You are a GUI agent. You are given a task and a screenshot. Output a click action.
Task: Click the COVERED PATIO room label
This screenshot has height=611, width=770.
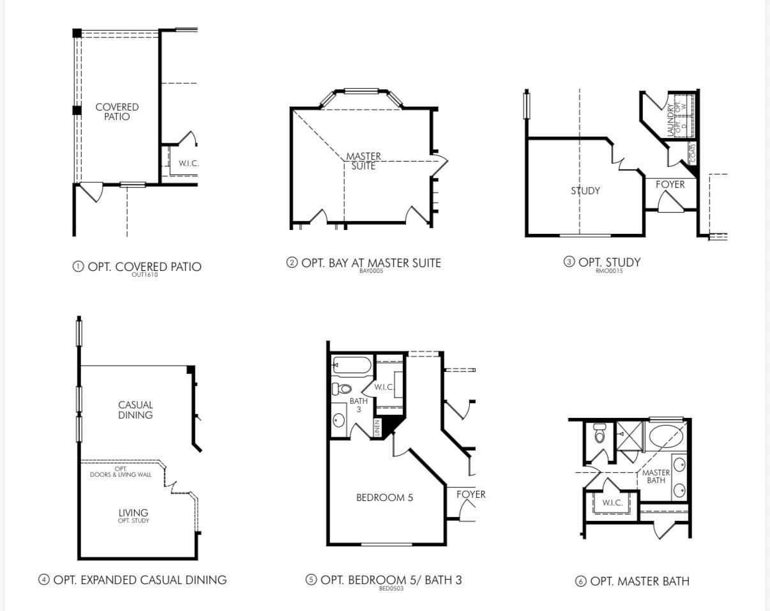(117, 112)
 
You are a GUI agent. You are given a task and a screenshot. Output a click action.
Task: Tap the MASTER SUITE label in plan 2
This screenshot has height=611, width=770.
(363, 161)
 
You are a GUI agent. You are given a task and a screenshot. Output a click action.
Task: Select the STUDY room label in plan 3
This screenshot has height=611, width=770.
(585, 190)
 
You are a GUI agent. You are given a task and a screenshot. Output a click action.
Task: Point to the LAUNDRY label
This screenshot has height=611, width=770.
(670, 120)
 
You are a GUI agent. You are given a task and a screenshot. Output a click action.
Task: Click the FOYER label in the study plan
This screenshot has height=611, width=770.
(670, 185)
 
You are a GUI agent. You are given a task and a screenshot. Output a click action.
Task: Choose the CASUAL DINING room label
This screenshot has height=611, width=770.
(135, 410)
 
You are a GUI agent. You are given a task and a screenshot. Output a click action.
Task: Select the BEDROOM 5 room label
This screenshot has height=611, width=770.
(384, 497)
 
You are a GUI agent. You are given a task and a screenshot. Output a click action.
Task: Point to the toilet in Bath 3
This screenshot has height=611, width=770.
(342, 389)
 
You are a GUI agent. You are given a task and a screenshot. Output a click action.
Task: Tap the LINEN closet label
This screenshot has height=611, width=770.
(377, 428)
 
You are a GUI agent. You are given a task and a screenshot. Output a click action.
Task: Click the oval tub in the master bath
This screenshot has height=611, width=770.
(666, 437)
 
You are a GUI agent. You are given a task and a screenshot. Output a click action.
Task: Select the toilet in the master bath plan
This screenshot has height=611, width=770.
(599, 434)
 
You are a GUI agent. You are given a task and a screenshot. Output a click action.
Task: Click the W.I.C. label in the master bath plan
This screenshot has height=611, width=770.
(612, 502)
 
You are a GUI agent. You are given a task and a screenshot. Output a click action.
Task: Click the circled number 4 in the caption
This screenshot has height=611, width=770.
(44, 580)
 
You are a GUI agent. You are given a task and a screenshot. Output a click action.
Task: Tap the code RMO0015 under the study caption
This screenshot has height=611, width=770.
(608, 271)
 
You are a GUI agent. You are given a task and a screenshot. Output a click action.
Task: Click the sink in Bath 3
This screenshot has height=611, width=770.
(339, 421)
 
